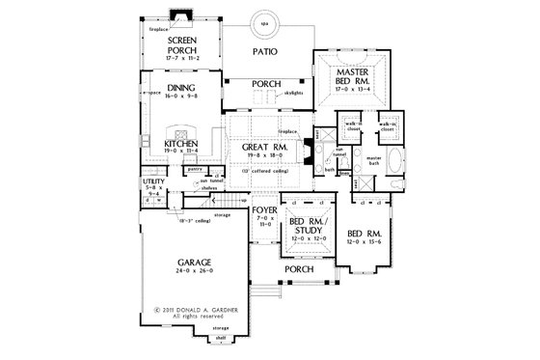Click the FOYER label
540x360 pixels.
pos(263,209)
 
